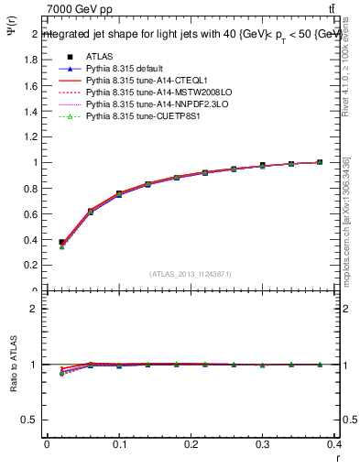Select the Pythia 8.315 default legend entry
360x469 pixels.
coord(125,69)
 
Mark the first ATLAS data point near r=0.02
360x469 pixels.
coord(61,243)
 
